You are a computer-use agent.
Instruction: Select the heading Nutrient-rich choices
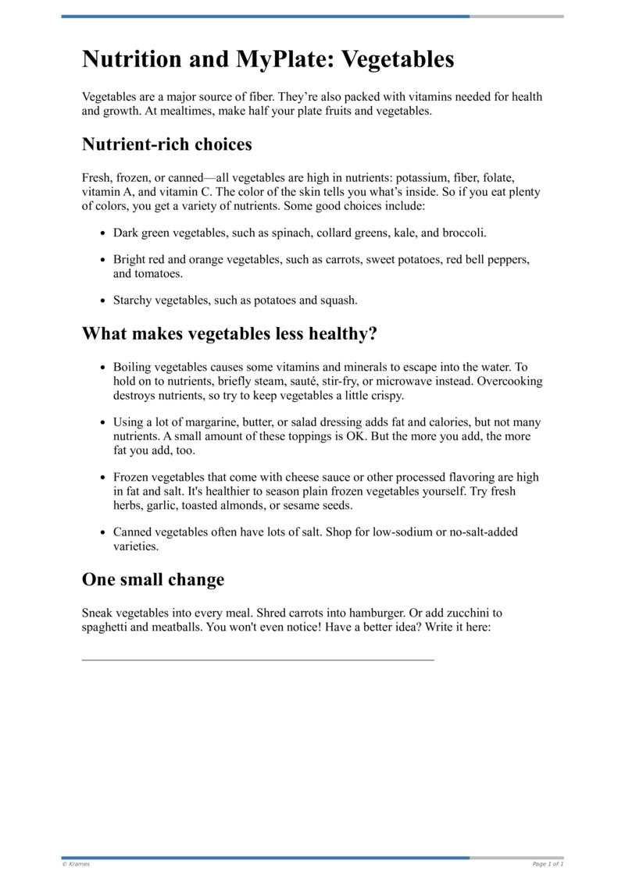pyautogui.click(x=166, y=144)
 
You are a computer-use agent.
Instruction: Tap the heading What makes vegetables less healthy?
pyautogui.click(x=230, y=334)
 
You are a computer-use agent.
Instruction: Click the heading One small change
pyautogui.click(x=153, y=580)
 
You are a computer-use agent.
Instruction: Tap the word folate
pyautogui.click(x=497, y=178)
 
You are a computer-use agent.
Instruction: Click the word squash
pyautogui.click(x=338, y=300)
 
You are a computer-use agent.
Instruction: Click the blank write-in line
pyautogui.click(x=258, y=660)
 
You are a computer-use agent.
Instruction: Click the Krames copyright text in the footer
pyautogui.click(x=76, y=864)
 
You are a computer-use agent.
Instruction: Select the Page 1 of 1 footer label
pyautogui.click(x=548, y=864)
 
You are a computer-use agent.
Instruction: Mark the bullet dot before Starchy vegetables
pyautogui.click(x=103, y=301)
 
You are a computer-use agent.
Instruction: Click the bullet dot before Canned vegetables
pyautogui.click(x=103, y=532)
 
